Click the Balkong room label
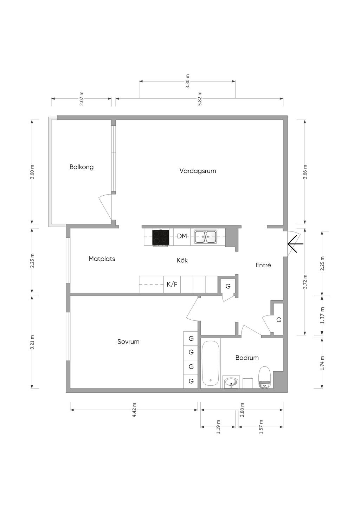pos(82,167)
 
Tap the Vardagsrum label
pos(198,171)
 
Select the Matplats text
pos(102,259)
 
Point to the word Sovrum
pos(128,341)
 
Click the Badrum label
pos(247,358)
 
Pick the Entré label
pos(263,265)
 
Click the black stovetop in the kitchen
pos(161,238)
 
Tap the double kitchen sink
pos(205,237)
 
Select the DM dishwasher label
pos(182,236)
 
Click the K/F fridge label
pos(172,284)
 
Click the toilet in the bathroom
pos(265,377)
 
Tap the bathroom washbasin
pos(231,383)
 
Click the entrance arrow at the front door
pos(295,243)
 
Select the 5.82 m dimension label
pos(200,99)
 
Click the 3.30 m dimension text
pos(187,81)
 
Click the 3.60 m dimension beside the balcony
pos(32,172)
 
